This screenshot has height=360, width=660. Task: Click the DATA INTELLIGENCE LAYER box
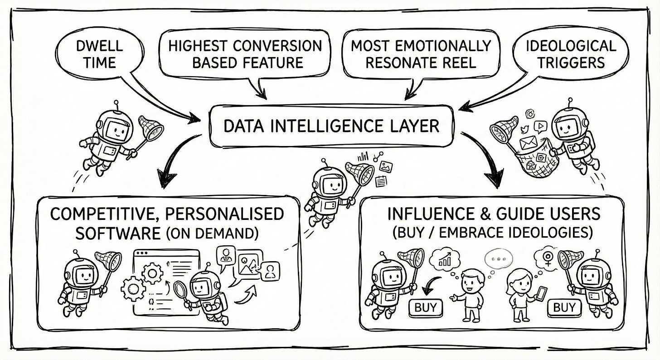[x=331, y=126]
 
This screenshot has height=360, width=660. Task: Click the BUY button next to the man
[x=425, y=308]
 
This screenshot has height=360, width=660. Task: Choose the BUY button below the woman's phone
[x=564, y=308]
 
